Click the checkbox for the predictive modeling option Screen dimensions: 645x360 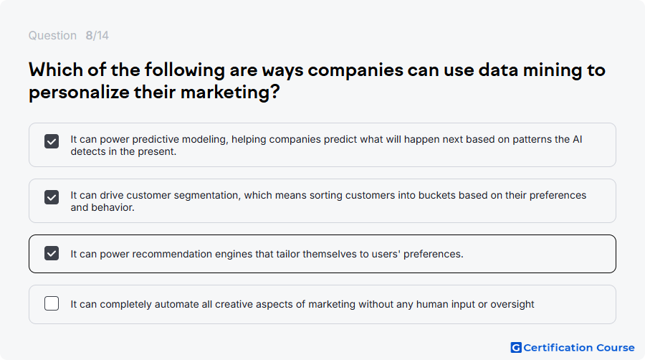[x=52, y=141]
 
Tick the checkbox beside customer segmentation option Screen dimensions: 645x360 [x=52, y=197]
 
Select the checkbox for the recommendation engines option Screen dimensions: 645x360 [x=52, y=253]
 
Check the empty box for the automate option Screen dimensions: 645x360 [x=52, y=303]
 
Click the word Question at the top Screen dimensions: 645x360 [x=52, y=36]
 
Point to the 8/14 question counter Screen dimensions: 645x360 [x=97, y=36]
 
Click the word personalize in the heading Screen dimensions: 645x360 [x=79, y=93]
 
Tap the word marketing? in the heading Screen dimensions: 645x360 [x=230, y=92]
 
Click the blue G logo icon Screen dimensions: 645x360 [x=516, y=348]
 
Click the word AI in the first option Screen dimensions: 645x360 [x=577, y=139]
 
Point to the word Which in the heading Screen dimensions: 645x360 [x=55, y=70]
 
